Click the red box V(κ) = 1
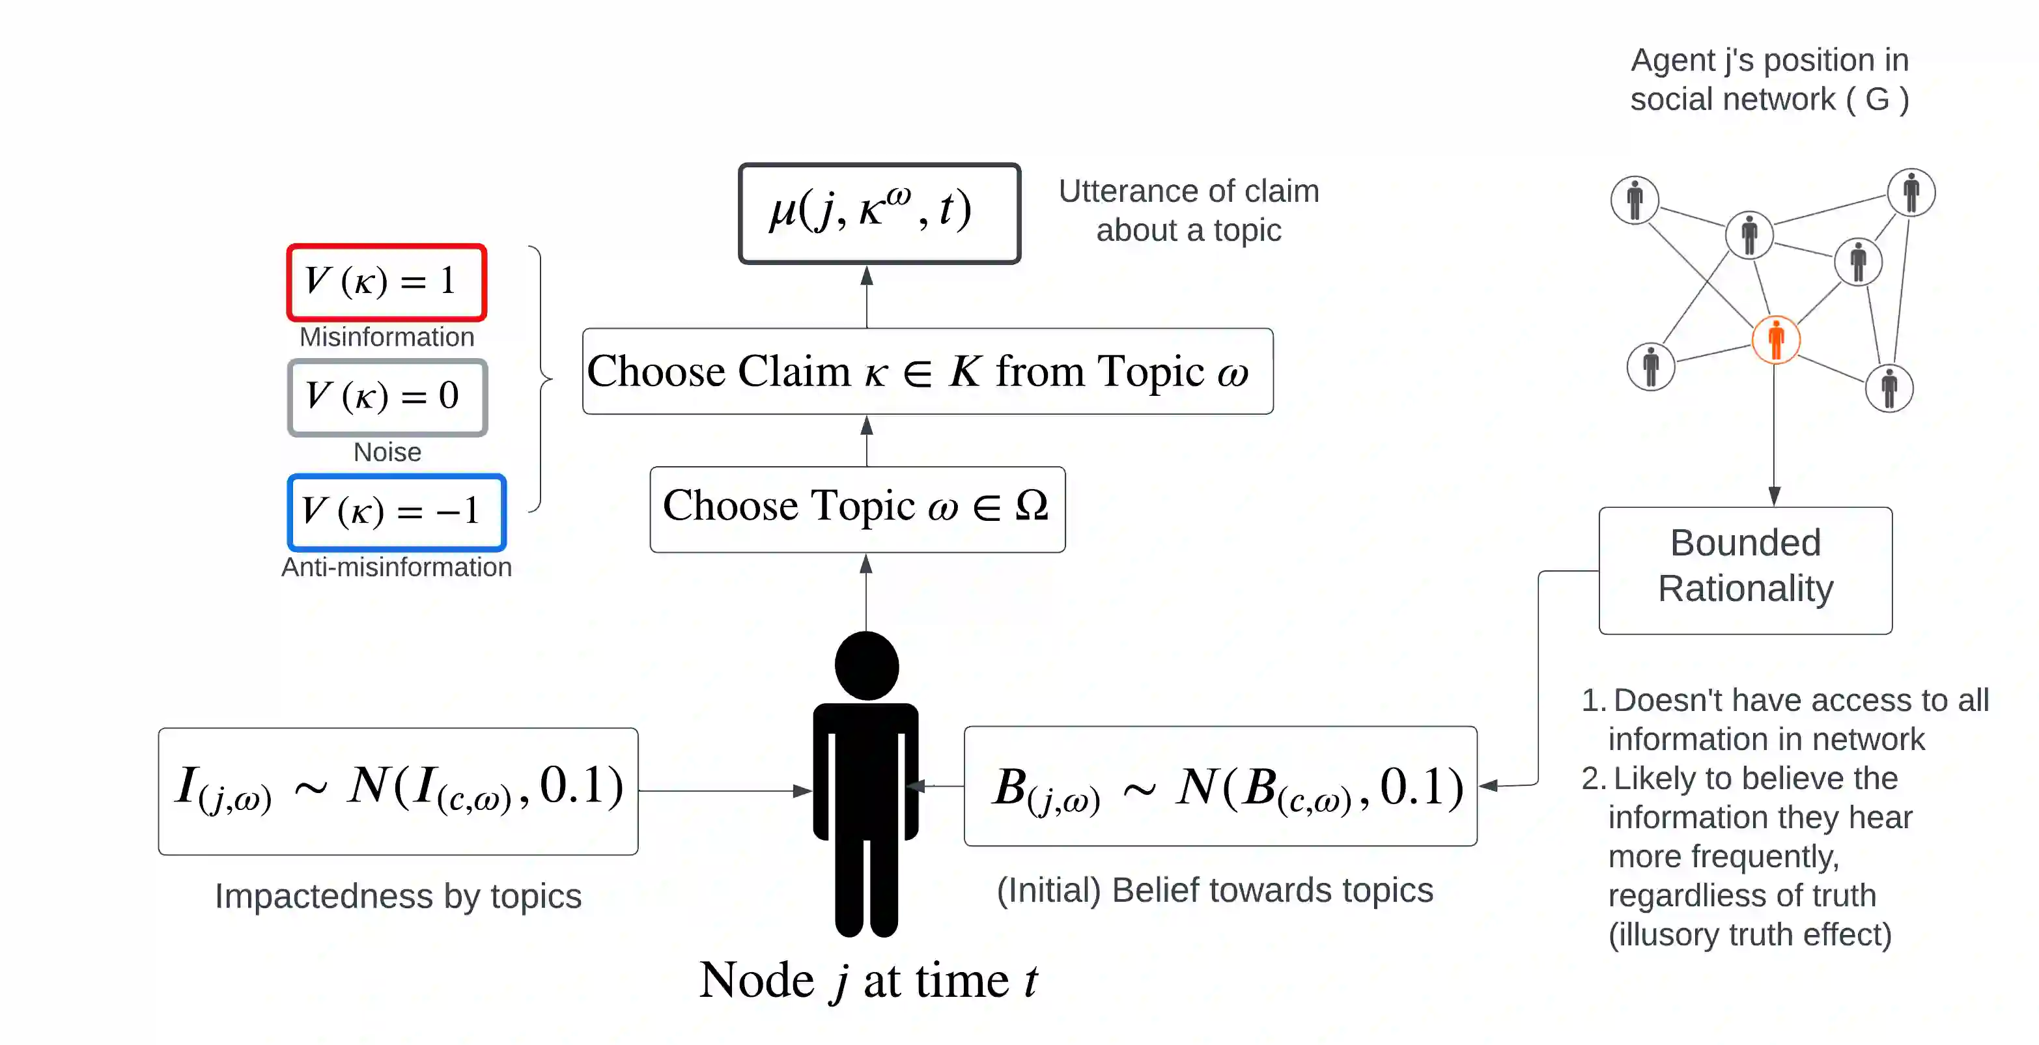pos(386,282)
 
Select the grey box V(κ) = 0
pos(387,397)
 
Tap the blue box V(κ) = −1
pos(397,511)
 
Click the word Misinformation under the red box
pos(386,337)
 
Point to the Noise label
pos(387,452)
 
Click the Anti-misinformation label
pos(397,567)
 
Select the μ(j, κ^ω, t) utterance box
pos(879,213)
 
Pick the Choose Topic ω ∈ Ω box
pos(856,509)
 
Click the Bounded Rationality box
pos(1745,569)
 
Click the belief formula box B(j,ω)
pos(1220,786)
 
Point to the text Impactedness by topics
pos(398,895)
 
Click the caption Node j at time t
pos(867,980)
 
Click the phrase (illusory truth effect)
pos(1749,934)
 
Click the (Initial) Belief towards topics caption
pos(1215,890)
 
